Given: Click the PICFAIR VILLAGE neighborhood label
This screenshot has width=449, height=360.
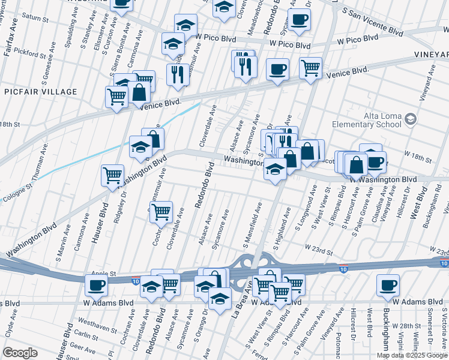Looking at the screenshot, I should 41,92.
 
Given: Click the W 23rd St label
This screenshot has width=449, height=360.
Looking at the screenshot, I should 319,247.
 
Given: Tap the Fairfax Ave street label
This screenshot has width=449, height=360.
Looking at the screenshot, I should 9,42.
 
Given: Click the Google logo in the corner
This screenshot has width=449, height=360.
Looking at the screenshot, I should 20,353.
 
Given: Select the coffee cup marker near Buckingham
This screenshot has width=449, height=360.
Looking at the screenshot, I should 388,285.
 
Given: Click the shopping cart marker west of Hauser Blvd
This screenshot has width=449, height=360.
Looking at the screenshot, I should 112,175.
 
